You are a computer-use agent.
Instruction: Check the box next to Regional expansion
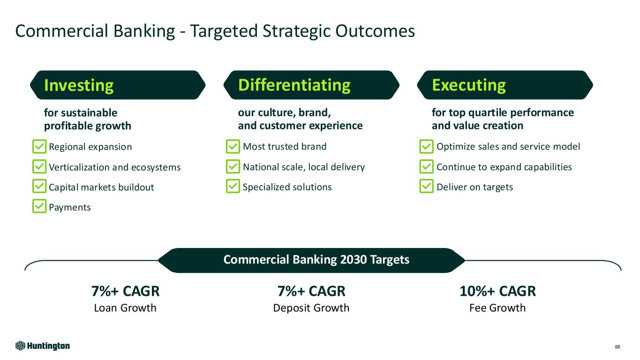coord(39,147)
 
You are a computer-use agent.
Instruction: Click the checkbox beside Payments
coord(39,206)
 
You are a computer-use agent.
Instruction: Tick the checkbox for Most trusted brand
coord(233,146)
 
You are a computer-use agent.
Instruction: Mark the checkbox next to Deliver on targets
coord(427,186)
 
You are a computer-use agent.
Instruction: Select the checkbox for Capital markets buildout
coord(39,186)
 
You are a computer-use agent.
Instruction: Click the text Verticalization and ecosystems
coord(114,167)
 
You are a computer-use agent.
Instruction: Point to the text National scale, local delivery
coord(304,167)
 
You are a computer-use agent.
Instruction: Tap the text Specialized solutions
coord(287,187)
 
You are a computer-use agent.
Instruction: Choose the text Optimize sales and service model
coord(508,146)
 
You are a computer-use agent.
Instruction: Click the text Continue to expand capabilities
coord(504,167)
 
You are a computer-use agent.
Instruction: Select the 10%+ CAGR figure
coord(497,291)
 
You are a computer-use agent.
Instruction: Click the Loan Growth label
coord(125,308)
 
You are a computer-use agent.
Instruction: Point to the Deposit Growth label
coord(311,308)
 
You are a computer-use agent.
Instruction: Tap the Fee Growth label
coord(497,308)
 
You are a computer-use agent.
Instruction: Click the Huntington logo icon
coord(20,346)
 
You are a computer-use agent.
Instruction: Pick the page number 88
coord(617,347)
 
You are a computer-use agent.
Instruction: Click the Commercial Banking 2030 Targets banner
coord(311,260)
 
